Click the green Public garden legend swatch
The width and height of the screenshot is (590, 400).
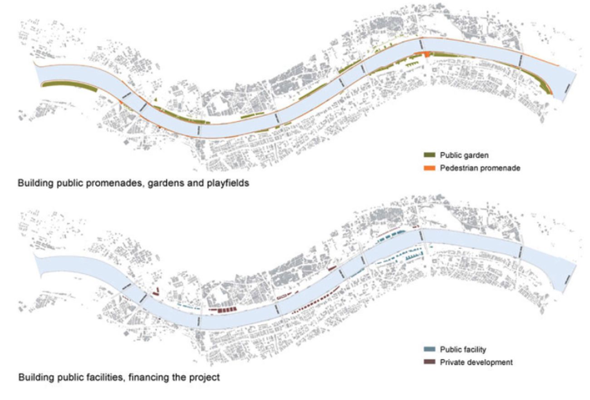[x=429, y=155]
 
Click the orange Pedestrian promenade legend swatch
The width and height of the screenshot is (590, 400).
[x=429, y=168]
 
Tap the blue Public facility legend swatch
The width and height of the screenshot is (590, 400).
[x=429, y=350]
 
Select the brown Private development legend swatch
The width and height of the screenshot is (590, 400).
[x=429, y=362]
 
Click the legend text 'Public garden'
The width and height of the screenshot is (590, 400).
[x=464, y=155]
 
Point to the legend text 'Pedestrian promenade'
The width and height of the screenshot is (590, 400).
[x=480, y=168]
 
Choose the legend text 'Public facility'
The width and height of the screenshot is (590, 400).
[x=463, y=350]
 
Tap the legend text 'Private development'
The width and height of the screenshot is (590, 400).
[x=476, y=362]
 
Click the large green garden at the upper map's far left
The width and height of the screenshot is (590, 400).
[x=69, y=86]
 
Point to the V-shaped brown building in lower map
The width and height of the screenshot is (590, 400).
[x=156, y=291]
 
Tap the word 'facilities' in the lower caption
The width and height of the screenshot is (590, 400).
[x=105, y=377]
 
